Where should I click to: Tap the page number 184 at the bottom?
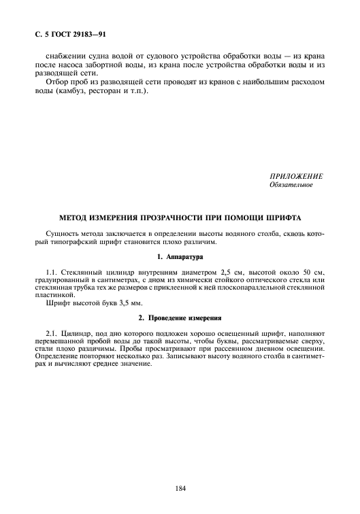coord(180,487)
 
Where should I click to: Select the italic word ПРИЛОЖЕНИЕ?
coord(296,176)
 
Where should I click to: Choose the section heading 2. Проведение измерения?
coord(180,318)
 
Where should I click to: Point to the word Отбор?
coord(59,83)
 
